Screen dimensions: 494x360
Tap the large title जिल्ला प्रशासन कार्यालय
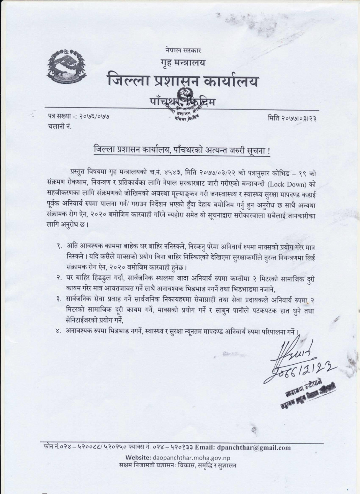(183, 82)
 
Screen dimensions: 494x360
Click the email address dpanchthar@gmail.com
(259, 448)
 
